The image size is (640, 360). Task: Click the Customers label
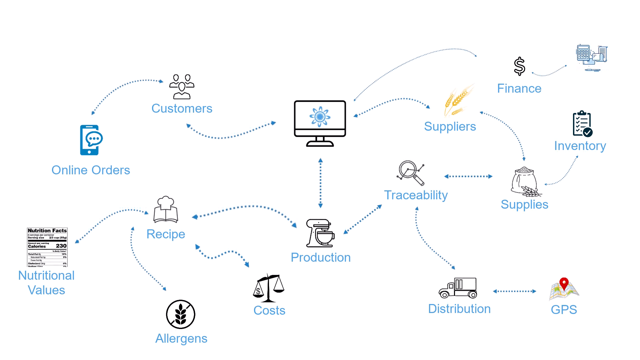click(x=182, y=109)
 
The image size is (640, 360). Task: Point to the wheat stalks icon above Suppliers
click(x=458, y=100)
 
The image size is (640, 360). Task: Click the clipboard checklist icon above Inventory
click(x=582, y=124)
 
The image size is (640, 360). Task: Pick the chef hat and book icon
click(x=166, y=209)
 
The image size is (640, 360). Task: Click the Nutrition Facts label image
click(x=47, y=247)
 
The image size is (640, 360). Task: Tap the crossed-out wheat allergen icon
click(x=181, y=314)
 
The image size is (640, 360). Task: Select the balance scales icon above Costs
click(x=269, y=288)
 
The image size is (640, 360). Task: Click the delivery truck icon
click(x=458, y=288)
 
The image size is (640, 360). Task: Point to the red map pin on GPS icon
click(x=564, y=284)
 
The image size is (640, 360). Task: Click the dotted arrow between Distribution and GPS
click(x=514, y=291)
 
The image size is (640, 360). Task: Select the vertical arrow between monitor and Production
click(x=320, y=183)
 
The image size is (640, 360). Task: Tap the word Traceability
click(x=416, y=195)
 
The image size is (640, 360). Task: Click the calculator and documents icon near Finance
click(x=592, y=57)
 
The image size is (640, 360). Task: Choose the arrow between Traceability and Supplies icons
click(x=468, y=176)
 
